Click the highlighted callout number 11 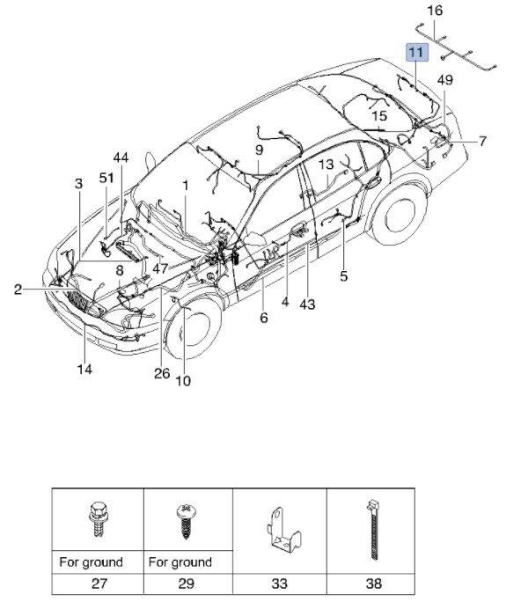click(x=417, y=52)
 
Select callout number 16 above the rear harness click(x=435, y=11)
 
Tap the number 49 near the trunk click(x=445, y=80)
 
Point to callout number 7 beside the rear click(x=482, y=142)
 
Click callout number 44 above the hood click(x=121, y=158)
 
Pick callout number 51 click(x=106, y=178)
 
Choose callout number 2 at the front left click(x=18, y=290)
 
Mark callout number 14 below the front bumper click(x=84, y=370)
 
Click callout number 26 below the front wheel click(x=162, y=373)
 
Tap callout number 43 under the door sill click(x=307, y=305)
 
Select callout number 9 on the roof click(x=259, y=150)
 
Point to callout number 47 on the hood click(x=160, y=268)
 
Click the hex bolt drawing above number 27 click(x=97, y=519)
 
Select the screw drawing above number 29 click(x=186, y=521)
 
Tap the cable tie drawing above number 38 click(x=372, y=530)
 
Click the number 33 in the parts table click(x=279, y=584)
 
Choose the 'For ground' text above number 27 click(x=91, y=562)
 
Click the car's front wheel click(x=191, y=329)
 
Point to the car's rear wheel click(x=400, y=216)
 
